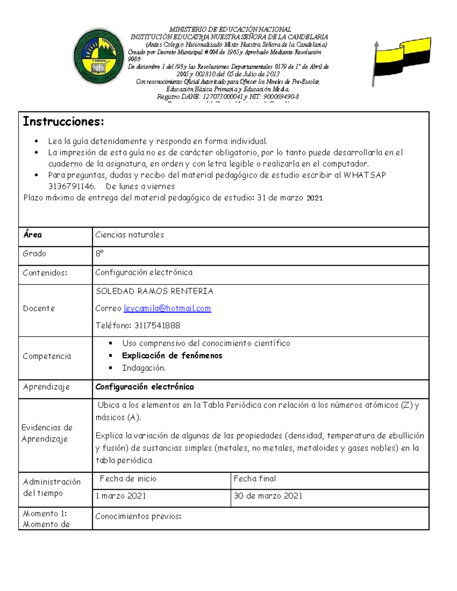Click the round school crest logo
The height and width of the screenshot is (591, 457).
[x=99, y=57]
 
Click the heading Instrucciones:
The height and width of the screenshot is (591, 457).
[x=63, y=121]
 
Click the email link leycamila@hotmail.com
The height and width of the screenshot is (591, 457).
[x=167, y=309]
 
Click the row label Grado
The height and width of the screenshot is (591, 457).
[x=34, y=254]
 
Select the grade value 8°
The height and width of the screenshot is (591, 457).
[x=99, y=254]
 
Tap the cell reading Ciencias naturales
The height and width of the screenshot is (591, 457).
[x=129, y=235]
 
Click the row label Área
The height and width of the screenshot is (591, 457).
[x=32, y=235]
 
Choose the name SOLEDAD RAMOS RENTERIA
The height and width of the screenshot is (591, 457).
[x=154, y=292]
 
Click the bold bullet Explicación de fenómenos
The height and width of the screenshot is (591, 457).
[x=172, y=356]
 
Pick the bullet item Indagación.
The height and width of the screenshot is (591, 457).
[x=144, y=368]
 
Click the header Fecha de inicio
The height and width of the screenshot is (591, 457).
[x=128, y=479]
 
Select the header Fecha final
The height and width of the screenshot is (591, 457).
[x=255, y=479]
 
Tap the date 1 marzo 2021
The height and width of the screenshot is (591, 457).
[x=121, y=496]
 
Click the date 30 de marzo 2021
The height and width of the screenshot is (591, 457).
[x=268, y=496]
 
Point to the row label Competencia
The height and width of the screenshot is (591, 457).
[x=47, y=356]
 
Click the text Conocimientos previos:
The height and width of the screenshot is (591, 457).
[x=138, y=516]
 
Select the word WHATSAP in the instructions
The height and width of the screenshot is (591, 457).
[x=364, y=175]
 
